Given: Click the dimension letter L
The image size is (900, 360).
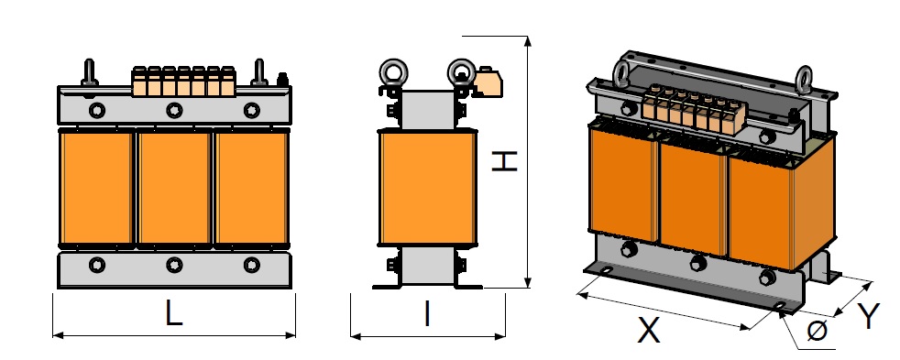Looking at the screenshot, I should [173, 314].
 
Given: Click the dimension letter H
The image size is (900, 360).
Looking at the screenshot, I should [505, 161].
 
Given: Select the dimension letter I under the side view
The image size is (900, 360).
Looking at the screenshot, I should [427, 314].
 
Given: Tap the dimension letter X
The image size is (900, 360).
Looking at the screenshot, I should [649, 331].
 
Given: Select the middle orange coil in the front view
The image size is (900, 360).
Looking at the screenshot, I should [174, 188].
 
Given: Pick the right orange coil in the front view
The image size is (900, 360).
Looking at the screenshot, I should [252, 188].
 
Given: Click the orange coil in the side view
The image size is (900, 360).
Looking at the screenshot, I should [428, 188].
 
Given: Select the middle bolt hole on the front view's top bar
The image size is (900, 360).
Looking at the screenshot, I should [174, 110].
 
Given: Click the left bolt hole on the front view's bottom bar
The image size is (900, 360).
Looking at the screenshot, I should [96, 265].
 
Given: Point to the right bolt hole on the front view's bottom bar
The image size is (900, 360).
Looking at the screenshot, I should [252, 265].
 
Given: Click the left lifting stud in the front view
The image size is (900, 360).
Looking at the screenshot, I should [90, 74].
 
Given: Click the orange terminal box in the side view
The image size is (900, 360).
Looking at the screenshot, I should [488, 85].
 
